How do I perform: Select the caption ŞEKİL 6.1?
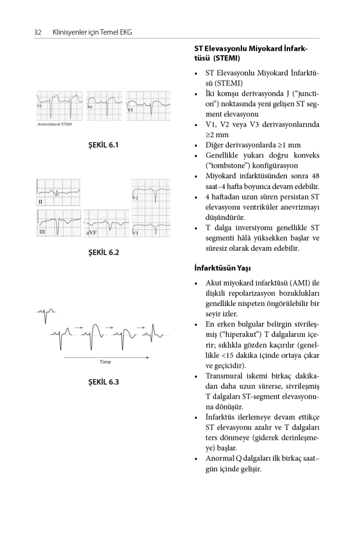click(x=103, y=145)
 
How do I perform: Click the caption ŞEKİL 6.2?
click(x=103, y=253)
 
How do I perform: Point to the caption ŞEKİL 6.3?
click(x=103, y=382)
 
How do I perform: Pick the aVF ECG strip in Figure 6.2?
click(x=106, y=223)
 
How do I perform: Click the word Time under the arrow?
click(x=105, y=362)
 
